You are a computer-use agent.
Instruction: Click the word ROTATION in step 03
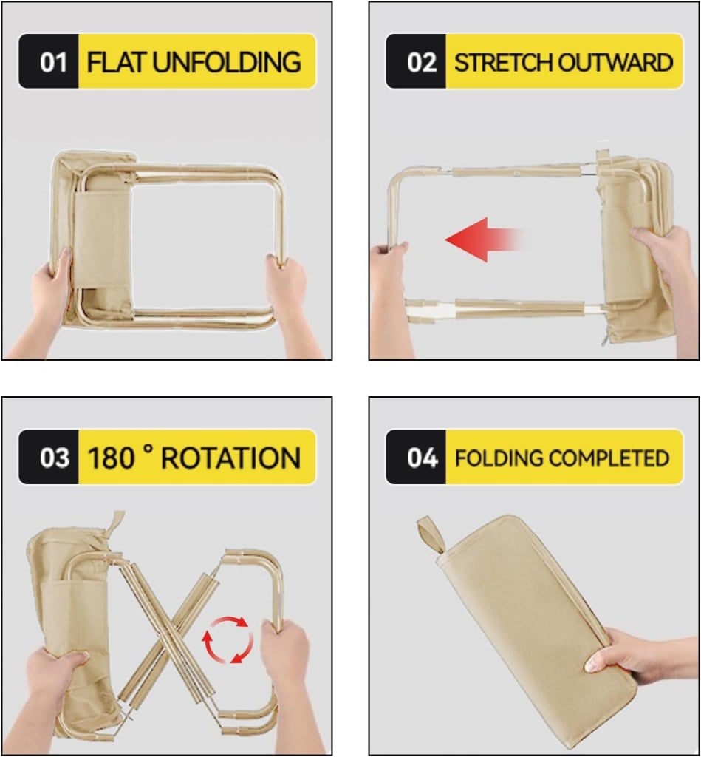coord(230,457)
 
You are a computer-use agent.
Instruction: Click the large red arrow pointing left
coord(484,240)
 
